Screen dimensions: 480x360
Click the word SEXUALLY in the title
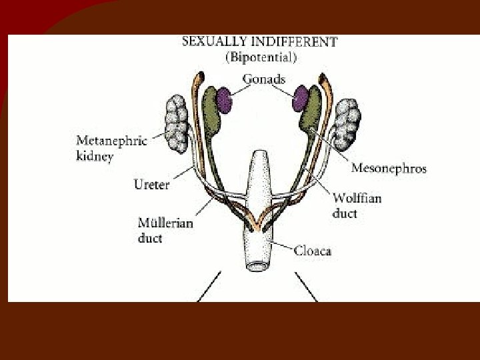click(x=209, y=41)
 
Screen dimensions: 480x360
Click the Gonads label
click(x=263, y=79)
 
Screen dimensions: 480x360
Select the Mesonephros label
click(x=389, y=168)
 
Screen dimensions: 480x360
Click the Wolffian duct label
click(x=358, y=205)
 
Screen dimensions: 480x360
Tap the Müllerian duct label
click(x=165, y=230)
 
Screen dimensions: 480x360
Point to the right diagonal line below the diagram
click(x=307, y=287)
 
